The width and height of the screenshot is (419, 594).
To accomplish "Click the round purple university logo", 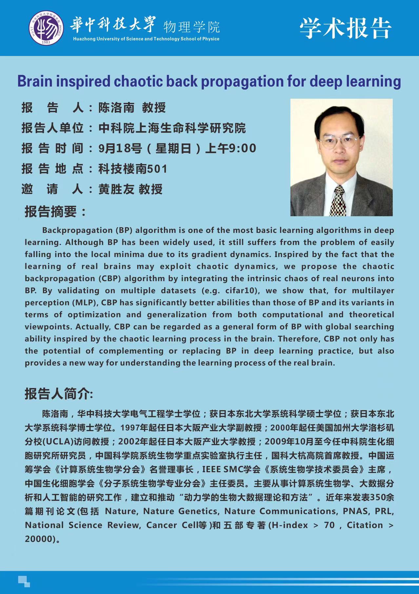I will pyautogui.click(x=47, y=28).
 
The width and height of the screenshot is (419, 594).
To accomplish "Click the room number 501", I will pyautogui.click(x=157, y=169).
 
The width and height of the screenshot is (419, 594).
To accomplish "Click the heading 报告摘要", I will pyautogui.click(x=55, y=211).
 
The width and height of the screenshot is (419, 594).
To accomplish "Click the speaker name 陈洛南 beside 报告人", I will pyautogui.click(x=116, y=108).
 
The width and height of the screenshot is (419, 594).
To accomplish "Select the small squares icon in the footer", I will pyautogui.click(x=24, y=581).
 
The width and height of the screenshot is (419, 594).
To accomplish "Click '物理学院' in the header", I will pyautogui.click(x=191, y=27).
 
